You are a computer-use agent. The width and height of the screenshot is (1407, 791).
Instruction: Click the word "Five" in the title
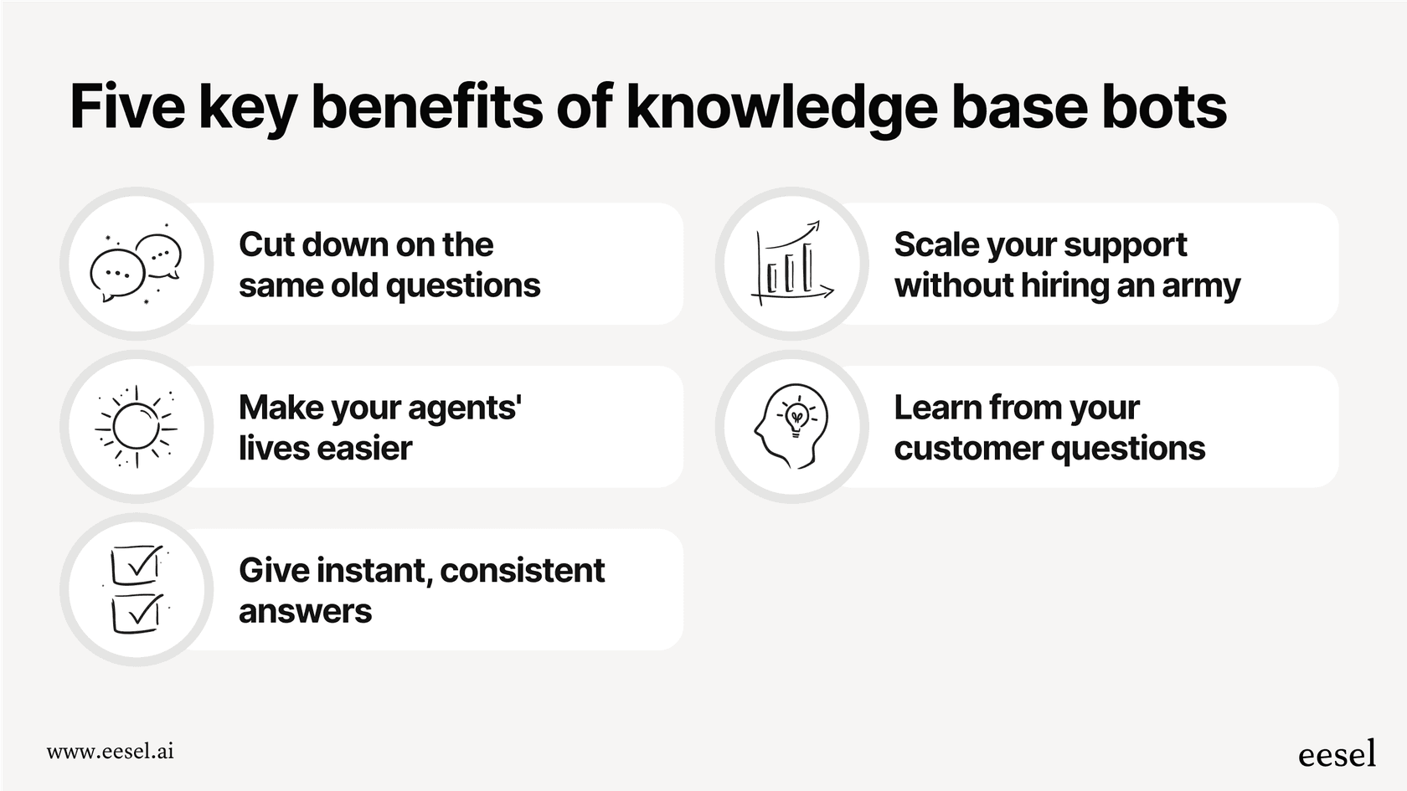point(126,106)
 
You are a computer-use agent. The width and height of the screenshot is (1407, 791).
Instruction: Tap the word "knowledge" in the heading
point(781,108)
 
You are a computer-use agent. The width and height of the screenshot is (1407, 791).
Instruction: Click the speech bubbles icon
point(137,265)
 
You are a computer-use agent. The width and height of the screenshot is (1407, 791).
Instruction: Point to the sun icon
point(136,427)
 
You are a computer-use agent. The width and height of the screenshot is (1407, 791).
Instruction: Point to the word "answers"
point(305,612)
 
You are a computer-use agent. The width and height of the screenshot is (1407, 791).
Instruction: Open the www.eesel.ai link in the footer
point(110,751)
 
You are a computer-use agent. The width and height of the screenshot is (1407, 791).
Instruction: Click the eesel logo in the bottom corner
point(1337,753)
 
